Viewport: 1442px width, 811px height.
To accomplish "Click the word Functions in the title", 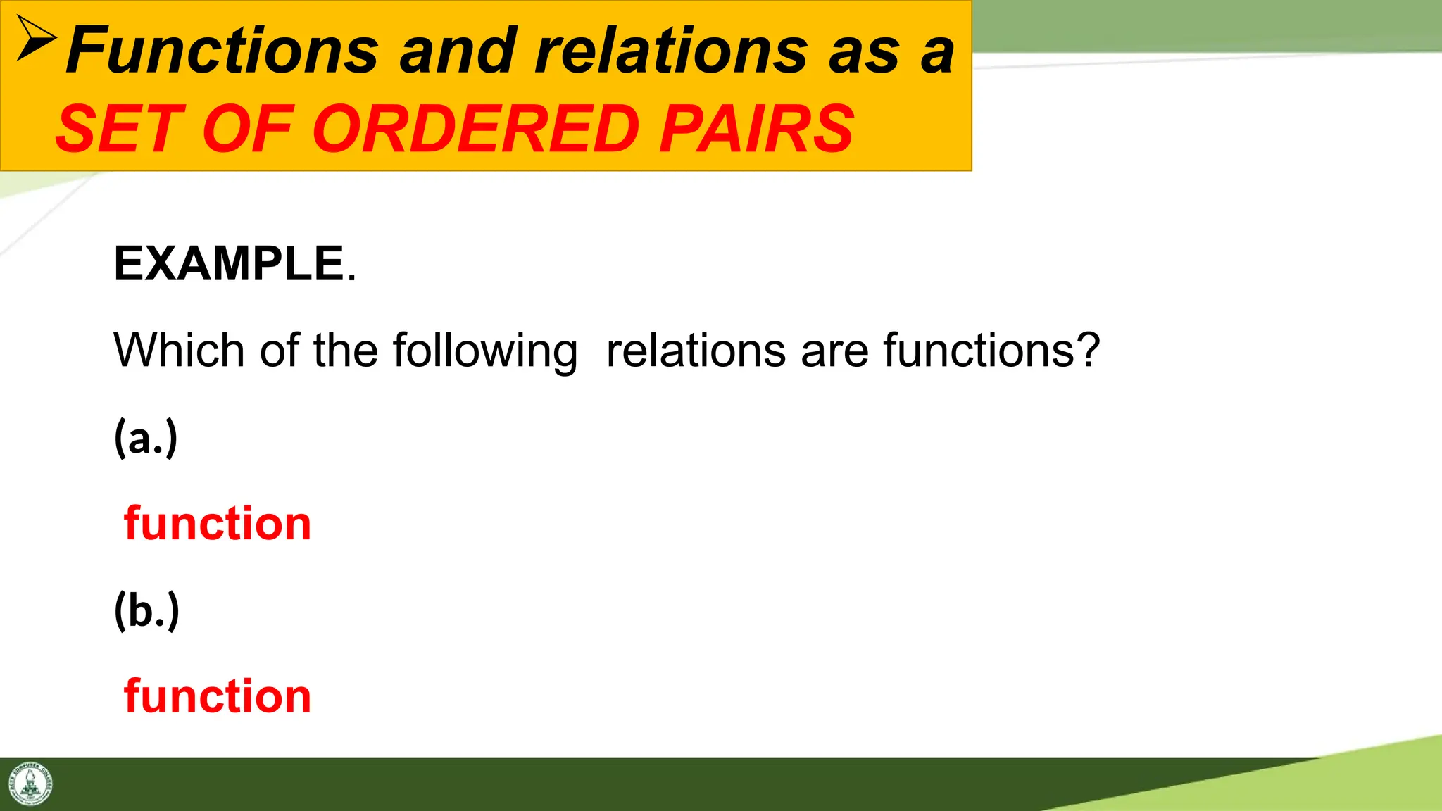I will tap(222, 51).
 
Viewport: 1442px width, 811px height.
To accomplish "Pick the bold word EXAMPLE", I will tap(229, 264).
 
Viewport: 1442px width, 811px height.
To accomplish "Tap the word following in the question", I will tap(485, 351).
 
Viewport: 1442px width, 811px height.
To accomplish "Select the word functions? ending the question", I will tap(991, 350).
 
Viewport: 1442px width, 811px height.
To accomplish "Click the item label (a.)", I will tap(146, 437).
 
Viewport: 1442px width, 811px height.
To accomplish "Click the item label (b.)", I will tap(146, 610).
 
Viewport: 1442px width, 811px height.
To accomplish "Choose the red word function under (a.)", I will tap(218, 523).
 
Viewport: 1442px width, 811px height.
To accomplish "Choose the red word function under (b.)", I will tap(218, 696).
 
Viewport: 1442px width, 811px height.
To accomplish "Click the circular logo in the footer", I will tap(30, 784).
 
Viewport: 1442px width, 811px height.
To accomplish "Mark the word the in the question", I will tap(346, 350).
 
